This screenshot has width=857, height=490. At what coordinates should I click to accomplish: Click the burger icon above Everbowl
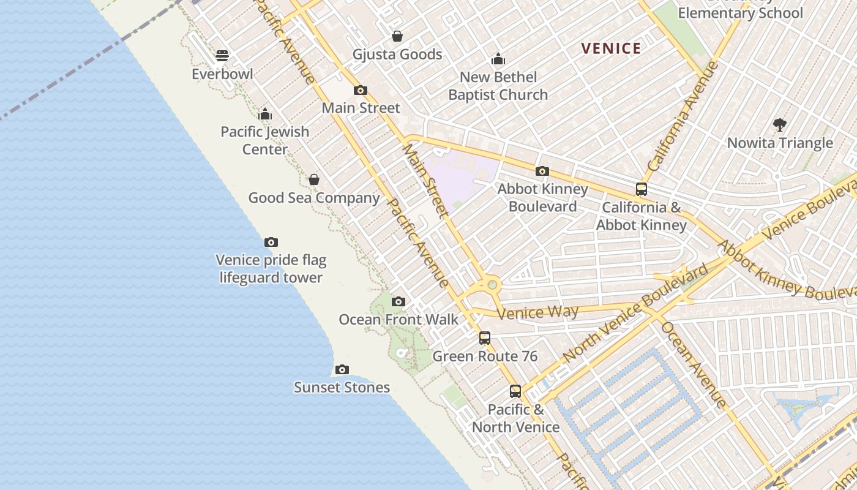coord(222,56)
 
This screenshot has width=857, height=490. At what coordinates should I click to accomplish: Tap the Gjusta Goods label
coord(397,55)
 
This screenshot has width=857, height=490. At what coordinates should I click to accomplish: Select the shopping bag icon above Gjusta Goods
coord(397,36)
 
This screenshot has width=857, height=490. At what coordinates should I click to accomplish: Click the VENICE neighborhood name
coord(611,48)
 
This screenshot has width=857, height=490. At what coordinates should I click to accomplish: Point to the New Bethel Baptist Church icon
coord(498,59)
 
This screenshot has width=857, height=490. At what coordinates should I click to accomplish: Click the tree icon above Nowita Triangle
coord(779,125)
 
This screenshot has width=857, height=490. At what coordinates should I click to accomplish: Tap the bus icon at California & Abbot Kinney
coord(641,189)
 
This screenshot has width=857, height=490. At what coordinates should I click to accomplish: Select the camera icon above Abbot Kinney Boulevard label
coord(542,171)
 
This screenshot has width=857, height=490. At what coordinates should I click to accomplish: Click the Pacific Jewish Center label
coord(265,140)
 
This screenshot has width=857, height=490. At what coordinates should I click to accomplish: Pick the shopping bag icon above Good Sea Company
coord(313,179)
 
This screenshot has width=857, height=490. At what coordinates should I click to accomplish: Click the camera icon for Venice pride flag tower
coord(271,243)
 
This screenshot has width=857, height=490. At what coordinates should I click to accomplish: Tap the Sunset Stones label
coord(342,387)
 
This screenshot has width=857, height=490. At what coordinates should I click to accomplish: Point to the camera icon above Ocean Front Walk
coord(398,301)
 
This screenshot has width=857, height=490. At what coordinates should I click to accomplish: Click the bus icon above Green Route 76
coord(484,337)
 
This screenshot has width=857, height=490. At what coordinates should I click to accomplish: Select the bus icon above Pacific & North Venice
coord(515,391)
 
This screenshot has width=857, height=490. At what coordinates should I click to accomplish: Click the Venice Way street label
coord(538,312)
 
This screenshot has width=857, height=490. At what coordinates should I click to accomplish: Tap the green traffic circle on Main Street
coord(492,284)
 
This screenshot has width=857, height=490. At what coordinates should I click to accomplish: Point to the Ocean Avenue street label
coord(694,364)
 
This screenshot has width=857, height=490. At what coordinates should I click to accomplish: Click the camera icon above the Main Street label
coord(361,90)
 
